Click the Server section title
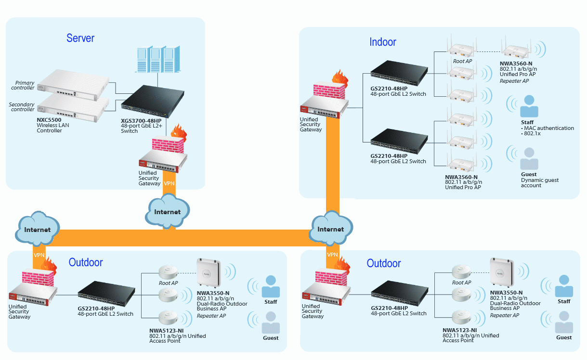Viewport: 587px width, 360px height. point(80,38)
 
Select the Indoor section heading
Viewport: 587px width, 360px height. point(383,42)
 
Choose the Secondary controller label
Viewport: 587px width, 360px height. point(22,107)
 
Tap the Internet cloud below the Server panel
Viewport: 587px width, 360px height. point(167,212)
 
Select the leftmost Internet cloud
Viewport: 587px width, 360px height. point(38,230)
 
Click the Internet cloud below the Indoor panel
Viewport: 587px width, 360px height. point(331,229)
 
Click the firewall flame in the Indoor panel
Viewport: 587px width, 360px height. point(339,78)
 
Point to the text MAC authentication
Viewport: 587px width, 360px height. point(549,128)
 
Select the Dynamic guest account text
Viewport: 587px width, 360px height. point(540,183)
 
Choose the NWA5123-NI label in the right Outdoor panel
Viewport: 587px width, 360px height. point(459,330)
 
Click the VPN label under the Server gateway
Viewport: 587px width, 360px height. point(169,184)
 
